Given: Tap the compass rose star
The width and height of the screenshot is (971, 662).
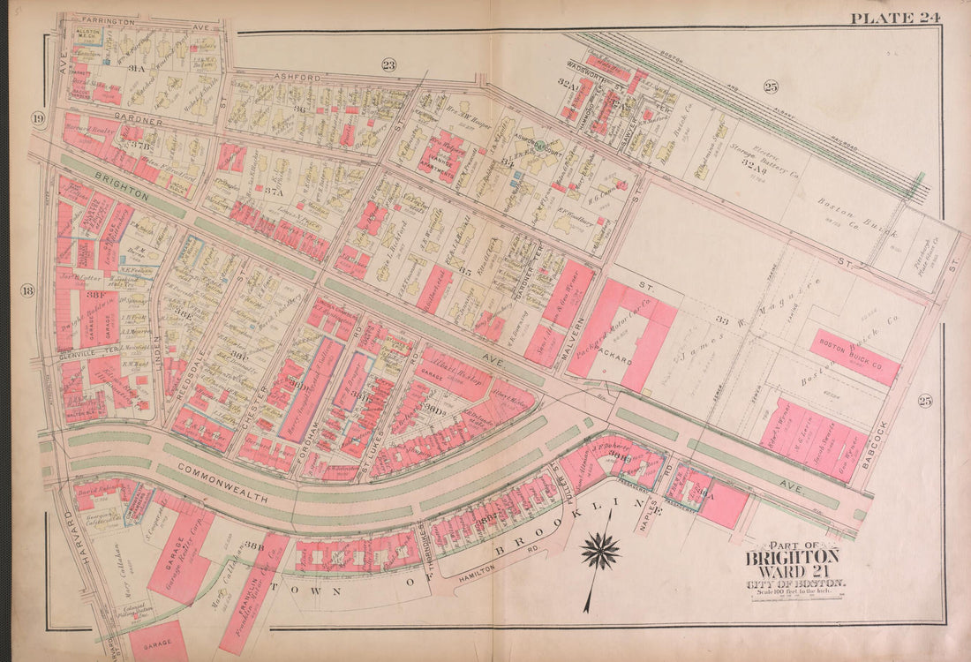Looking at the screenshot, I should [599, 552].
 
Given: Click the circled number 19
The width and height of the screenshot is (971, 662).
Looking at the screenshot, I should [38, 119].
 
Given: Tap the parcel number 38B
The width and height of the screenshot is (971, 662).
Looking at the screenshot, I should [254, 545].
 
